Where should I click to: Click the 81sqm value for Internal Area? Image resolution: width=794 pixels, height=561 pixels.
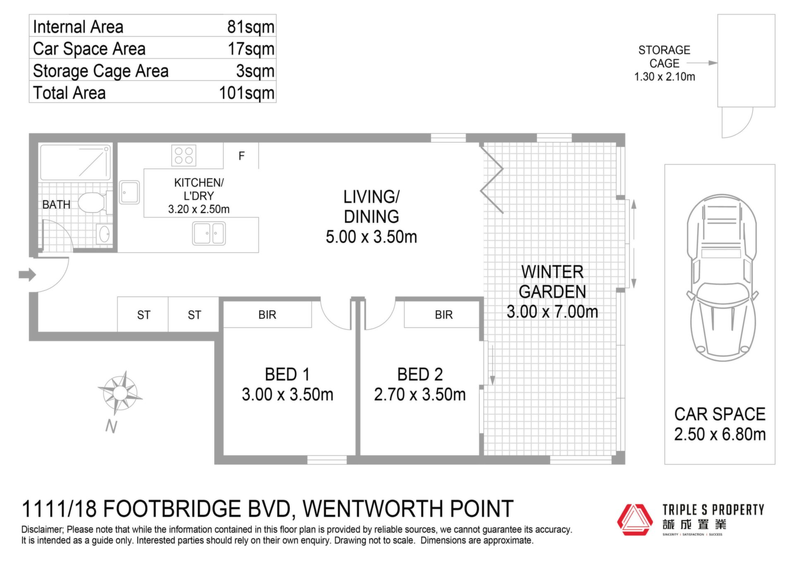coord(251,27)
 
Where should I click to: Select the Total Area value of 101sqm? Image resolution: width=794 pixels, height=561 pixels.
coord(246,93)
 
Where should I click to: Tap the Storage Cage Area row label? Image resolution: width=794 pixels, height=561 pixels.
coord(100,71)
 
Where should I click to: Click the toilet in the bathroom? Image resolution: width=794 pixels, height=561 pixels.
coord(95,203)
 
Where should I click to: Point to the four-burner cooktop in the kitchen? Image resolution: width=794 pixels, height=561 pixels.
coord(184,155)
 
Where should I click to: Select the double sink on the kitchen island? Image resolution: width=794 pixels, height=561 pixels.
coord(209,234)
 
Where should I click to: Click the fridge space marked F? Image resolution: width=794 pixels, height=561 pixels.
coord(242,156)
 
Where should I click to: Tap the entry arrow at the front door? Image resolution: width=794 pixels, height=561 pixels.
coord(27,275)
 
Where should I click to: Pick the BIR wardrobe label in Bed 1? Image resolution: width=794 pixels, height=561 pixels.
coord(267,315)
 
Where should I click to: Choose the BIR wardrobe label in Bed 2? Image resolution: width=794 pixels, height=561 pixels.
coord(444,315)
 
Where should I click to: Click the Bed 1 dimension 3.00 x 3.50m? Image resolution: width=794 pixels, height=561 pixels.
coord(287,394)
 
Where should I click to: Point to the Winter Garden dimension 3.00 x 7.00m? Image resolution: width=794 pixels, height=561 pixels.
coord(552,312)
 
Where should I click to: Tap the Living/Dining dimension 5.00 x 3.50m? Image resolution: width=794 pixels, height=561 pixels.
coord(371,237)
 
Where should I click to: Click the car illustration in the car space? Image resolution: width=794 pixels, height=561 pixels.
coord(722,277)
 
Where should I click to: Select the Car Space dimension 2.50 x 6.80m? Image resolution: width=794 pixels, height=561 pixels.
coord(720,434)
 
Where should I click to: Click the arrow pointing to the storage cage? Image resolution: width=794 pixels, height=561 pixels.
coord(702,63)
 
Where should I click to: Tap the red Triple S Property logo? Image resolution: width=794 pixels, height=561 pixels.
coord(633,520)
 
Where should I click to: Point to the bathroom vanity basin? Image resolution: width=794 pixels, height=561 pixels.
coord(103,234)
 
